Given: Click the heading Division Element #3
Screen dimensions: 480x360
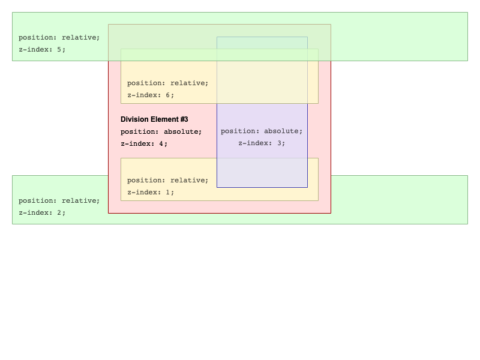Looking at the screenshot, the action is tap(154, 119).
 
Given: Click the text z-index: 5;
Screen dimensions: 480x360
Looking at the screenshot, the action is tap(42, 50).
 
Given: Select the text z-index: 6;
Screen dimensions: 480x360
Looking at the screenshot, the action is tap(151, 95).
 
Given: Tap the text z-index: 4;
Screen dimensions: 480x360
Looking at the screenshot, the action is tap(144, 143).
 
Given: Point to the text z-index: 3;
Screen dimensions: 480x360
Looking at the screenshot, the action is tap(262, 143).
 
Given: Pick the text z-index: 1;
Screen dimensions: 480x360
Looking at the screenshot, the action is tap(151, 192).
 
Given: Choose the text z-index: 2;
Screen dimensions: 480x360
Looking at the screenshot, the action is tap(42, 213).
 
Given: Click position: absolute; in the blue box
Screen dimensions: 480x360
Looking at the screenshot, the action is tap(262, 131).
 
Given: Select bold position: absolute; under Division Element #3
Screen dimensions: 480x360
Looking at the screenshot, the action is tap(161, 131).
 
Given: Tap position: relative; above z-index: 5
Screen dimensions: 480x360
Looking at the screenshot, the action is tap(59, 38).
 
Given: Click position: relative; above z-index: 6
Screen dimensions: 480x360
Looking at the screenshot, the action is tap(168, 83).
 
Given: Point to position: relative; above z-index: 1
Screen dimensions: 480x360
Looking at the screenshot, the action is tap(168, 181).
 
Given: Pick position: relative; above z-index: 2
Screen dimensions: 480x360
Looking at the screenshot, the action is tap(59, 201).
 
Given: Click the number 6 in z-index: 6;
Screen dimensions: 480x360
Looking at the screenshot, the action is tap(168, 95).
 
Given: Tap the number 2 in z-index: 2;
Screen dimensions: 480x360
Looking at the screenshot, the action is tap(59, 212).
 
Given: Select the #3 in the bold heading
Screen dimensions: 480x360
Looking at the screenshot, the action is tap(184, 119).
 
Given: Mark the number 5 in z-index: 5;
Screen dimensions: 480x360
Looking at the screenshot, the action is tap(59, 49).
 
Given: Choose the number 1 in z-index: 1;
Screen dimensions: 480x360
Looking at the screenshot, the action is tap(168, 192).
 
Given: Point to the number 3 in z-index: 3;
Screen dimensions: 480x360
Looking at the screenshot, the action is tap(279, 143).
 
